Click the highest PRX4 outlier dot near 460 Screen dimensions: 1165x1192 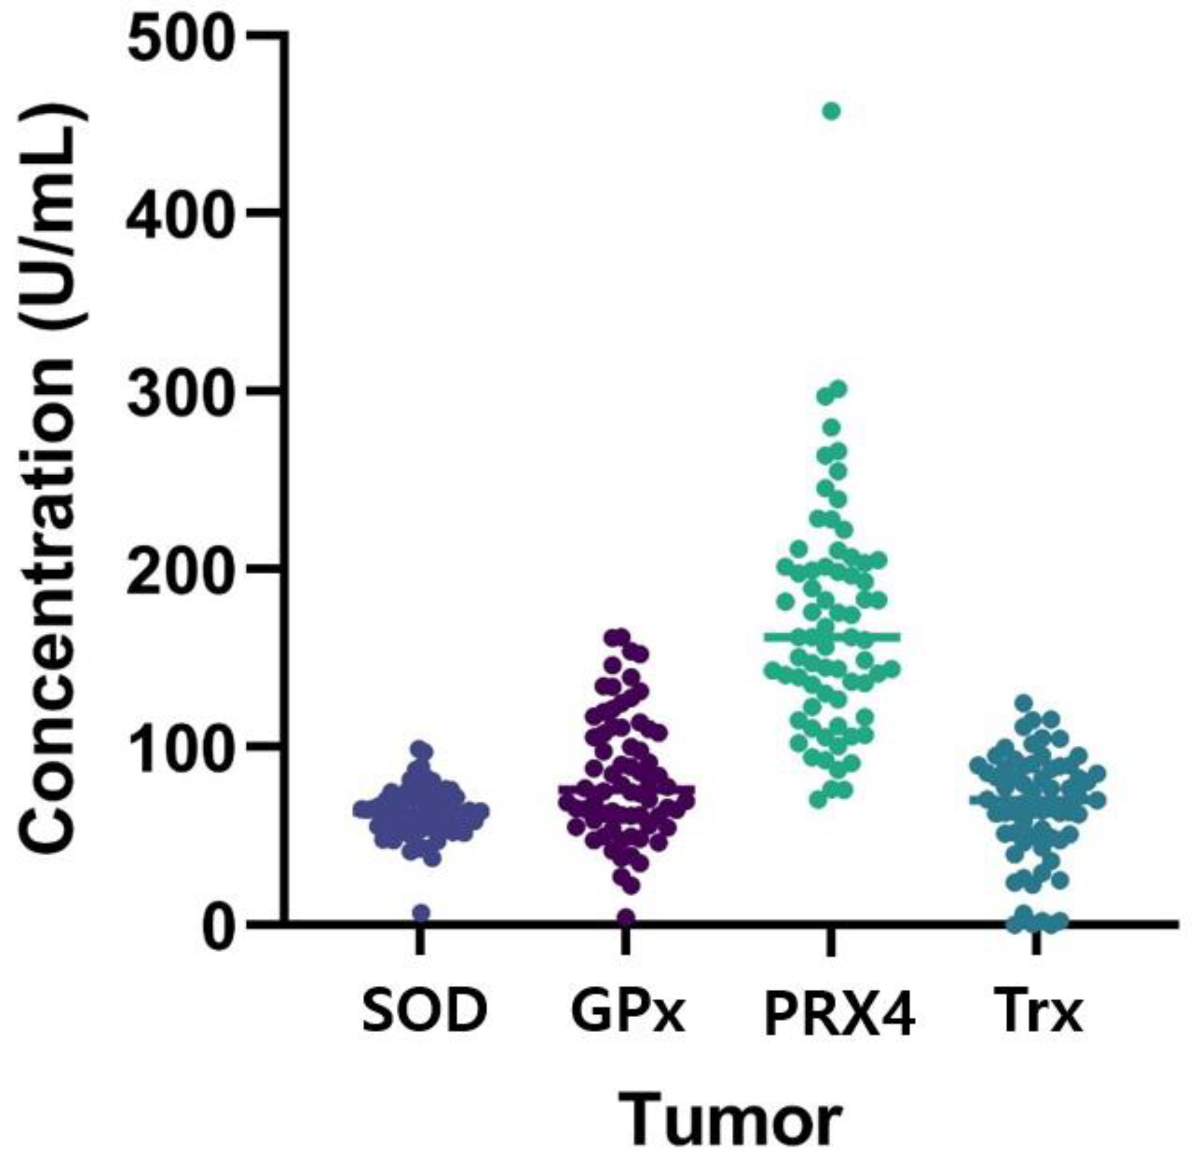[x=831, y=111]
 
